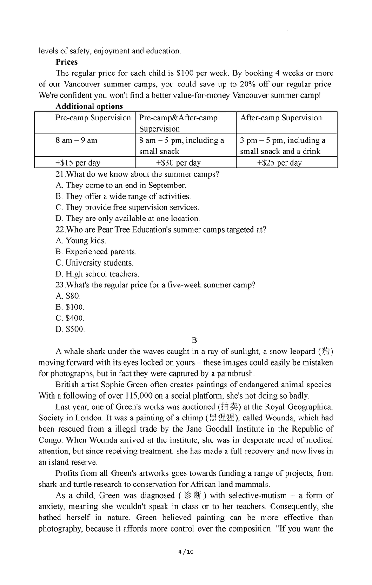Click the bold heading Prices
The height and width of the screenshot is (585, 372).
click(66, 62)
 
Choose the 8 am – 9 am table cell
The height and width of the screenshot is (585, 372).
click(76, 140)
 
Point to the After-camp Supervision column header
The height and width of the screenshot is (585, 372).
click(281, 118)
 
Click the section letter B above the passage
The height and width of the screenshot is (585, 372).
click(194, 340)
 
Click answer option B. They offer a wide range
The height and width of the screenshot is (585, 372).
click(123, 196)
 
